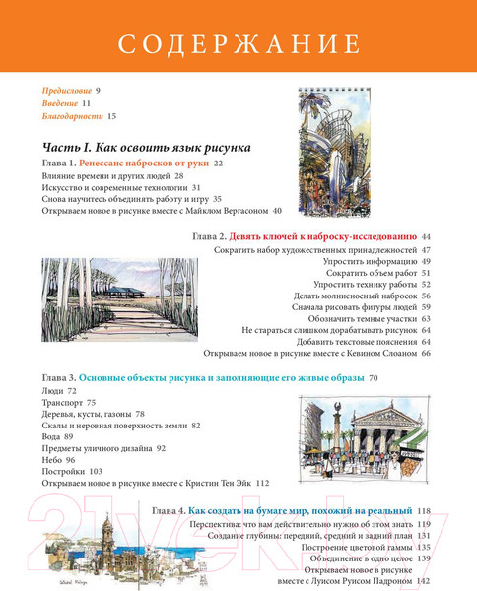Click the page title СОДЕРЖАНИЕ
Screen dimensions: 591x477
tap(238, 44)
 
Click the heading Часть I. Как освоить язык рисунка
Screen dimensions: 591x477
tap(138, 144)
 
